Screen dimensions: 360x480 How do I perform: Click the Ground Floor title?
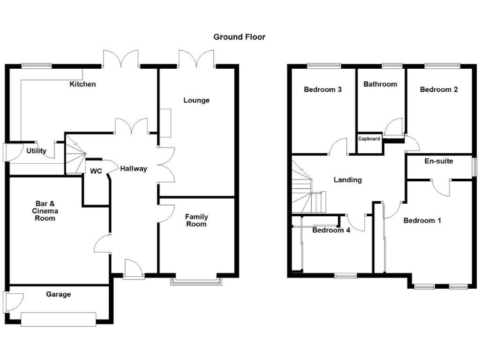239,37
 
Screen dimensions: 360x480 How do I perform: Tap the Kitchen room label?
82,84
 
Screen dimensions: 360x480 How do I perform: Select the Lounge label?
196,100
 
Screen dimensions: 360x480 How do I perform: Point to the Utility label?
36,151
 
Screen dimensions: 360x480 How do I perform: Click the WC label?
96,171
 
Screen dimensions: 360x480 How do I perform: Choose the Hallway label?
134,168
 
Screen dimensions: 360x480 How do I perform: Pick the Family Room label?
196,221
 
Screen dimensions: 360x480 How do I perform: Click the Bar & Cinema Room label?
44,211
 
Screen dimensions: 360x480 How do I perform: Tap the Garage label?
58,294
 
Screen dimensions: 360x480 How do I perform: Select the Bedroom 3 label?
322,89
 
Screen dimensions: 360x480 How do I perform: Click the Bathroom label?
381,84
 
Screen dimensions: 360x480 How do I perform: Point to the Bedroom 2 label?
439,89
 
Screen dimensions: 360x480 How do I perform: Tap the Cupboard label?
369,139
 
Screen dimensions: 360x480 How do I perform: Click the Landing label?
347,180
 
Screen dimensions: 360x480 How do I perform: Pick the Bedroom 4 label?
331,230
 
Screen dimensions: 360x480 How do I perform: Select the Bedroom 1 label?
422,221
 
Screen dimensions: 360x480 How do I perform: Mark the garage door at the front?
58,319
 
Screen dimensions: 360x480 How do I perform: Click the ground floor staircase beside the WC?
75,156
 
